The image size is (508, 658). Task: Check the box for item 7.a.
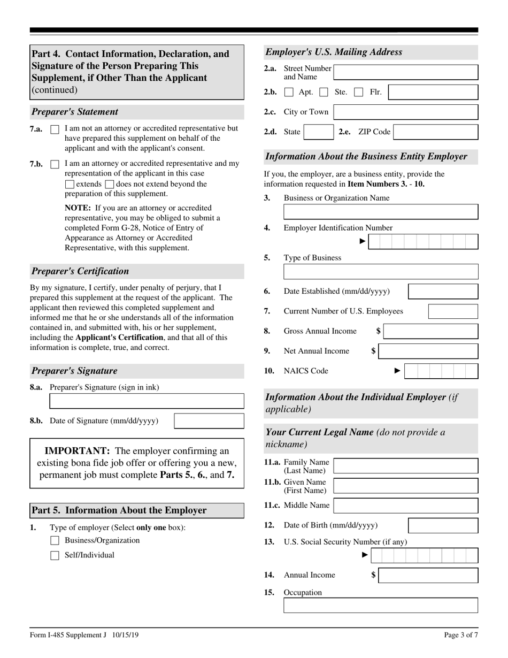click(x=55, y=129)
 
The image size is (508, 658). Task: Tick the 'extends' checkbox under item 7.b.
click(x=70, y=185)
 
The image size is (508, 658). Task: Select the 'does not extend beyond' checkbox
click(x=110, y=185)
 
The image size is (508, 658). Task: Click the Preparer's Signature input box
click(x=147, y=401)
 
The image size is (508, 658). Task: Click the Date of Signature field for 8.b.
click(x=209, y=421)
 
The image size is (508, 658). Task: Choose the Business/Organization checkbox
click(x=55, y=541)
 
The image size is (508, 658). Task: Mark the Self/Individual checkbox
click(x=55, y=555)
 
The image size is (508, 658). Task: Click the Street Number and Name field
click(x=406, y=72)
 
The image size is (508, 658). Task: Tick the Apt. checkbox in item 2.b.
click(x=289, y=93)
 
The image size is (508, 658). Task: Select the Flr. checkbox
click(x=359, y=93)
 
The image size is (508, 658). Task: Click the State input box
click(x=318, y=132)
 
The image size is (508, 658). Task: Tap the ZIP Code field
click(x=435, y=132)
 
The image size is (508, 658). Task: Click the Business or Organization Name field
click(x=381, y=212)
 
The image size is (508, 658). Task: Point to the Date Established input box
click(x=443, y=292)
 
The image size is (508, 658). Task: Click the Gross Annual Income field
click(x=431, y=332)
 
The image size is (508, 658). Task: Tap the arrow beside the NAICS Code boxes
click(x=397, y=371)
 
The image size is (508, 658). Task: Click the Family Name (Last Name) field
click(x=406, y=466)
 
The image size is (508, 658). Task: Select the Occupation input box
click(x=381, y=606)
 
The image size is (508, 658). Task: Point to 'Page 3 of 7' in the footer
click(x=461, y=636)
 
